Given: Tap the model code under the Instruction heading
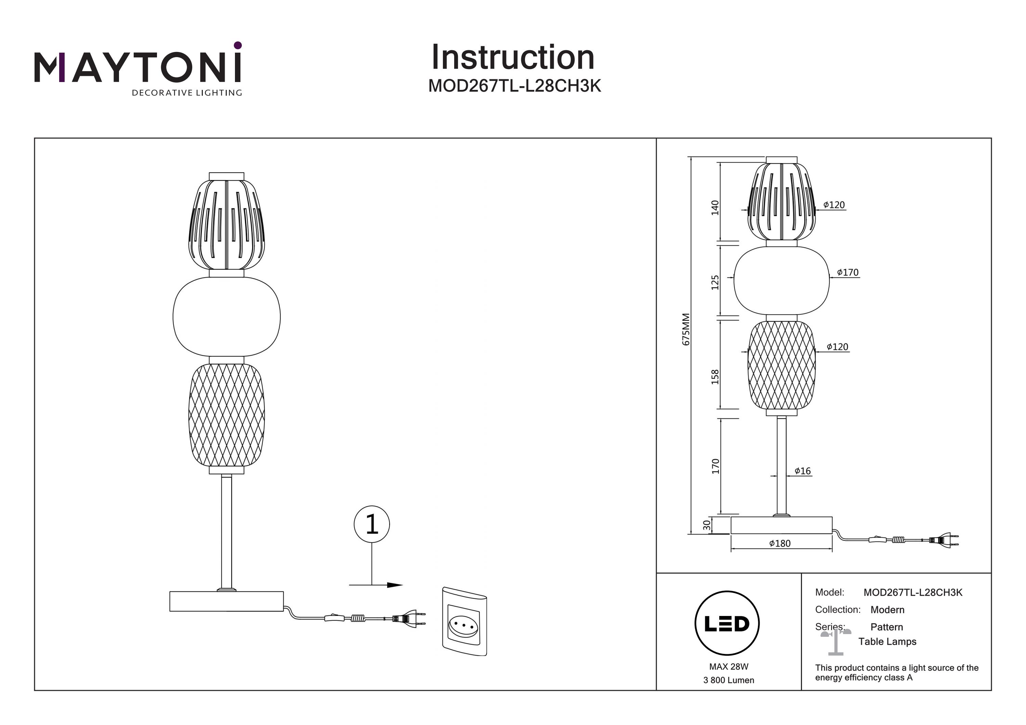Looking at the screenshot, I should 514,86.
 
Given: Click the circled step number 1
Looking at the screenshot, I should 371,524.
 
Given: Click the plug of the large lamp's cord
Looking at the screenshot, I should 407,619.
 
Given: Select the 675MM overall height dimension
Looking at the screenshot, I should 686,329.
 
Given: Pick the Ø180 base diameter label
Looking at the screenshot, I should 780,543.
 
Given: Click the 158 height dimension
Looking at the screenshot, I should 715,377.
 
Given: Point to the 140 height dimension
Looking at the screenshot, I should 715,208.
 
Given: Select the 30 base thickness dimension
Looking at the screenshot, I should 707,525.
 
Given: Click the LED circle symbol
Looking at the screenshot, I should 727,623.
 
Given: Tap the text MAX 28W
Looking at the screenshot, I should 728,667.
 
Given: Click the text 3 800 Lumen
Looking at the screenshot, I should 728,680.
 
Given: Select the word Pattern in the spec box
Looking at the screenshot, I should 886,627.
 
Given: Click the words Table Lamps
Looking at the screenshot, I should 887,642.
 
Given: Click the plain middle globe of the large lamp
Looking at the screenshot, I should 226,317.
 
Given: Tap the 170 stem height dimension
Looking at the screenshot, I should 715,466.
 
